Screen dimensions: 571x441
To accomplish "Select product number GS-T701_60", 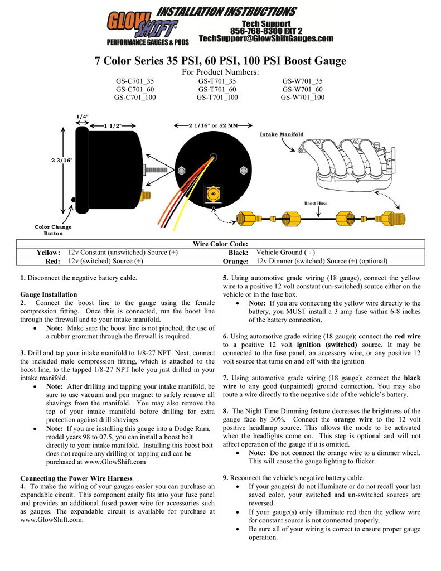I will click(217, 89).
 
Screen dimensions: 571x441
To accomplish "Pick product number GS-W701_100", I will click(302, 98).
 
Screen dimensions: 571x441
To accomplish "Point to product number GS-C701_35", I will click(135, 81).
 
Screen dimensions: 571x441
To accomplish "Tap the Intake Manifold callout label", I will click(282, 134).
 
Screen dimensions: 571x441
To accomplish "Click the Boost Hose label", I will click(316, 204).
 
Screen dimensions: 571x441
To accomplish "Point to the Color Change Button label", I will click(54, 230).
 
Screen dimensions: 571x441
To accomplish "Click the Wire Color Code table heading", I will click(220, 244).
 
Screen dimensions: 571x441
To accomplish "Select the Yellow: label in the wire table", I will click(49, 253).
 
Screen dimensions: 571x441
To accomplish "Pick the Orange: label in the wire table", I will click(235, 261).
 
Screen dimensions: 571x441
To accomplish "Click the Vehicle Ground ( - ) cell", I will click(285, 253).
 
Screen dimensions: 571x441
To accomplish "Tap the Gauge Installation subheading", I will click(49, 294).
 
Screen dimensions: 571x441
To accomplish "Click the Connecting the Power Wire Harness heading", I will click(76, 478).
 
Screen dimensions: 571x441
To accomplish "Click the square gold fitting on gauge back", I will click(212, 195).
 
